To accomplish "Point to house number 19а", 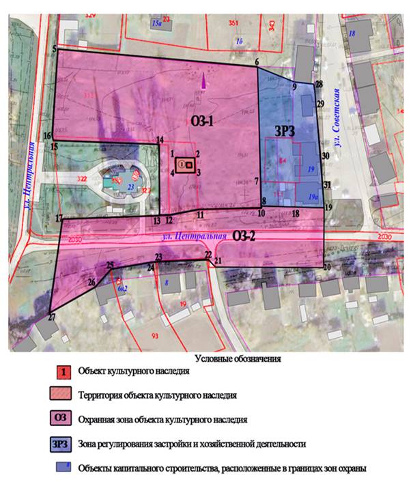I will pos(312,196).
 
